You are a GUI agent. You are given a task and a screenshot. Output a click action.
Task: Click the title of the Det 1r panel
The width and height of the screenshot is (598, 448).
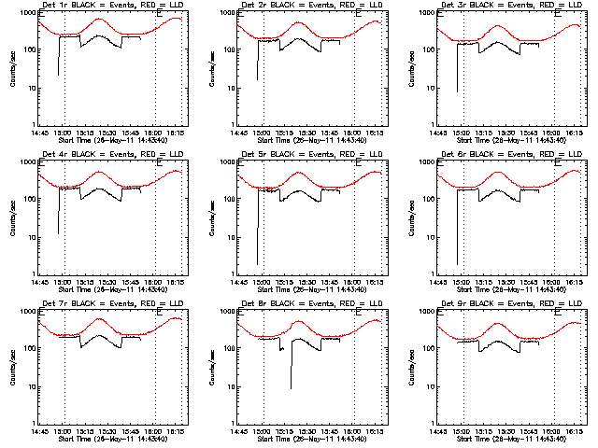click(x=112, y=6)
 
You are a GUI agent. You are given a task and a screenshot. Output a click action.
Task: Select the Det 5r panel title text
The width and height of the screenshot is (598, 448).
click(x=311, y=153)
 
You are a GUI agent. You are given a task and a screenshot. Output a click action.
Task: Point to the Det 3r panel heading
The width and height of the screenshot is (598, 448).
click(x=510, y=6)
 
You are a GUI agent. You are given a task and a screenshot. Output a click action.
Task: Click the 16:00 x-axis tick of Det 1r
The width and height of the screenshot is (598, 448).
click(x=155, y=133)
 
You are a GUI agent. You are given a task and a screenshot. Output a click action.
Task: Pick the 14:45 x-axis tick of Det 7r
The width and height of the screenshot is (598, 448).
click(x=41, y=431)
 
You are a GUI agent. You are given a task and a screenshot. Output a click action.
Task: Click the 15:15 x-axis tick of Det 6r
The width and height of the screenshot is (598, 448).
click(x=485, y=282)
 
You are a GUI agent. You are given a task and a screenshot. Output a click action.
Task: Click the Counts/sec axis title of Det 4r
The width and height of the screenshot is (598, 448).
click(x=11, y=217)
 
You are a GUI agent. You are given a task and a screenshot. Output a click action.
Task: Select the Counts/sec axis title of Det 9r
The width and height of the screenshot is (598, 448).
click(x=409, y=367)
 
